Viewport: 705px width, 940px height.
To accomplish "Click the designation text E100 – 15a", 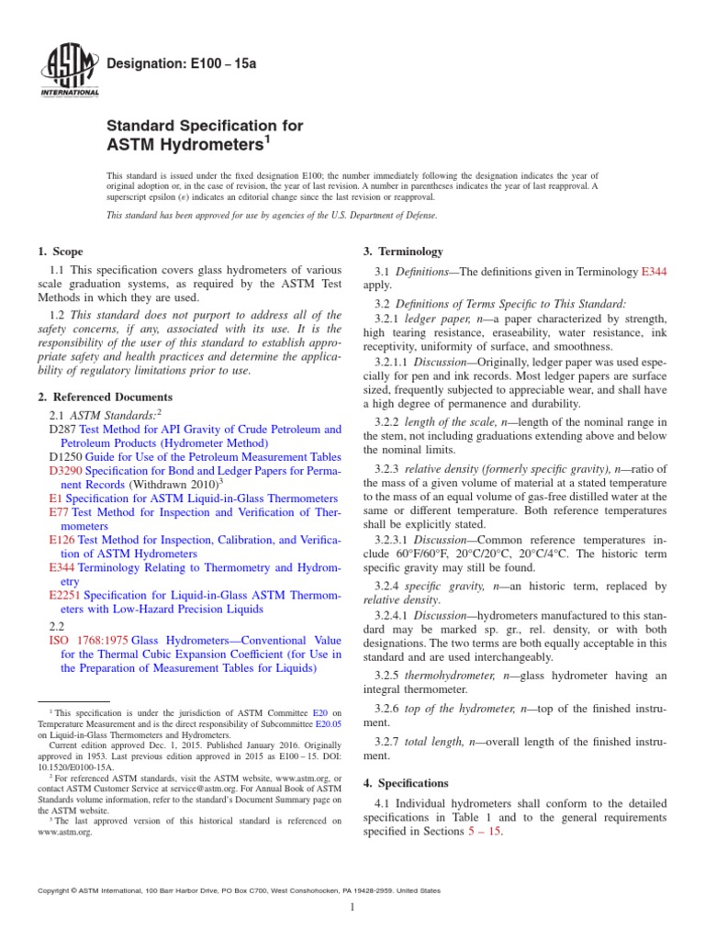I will click(169, 62).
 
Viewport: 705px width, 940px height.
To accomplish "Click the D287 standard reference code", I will click(62, 430).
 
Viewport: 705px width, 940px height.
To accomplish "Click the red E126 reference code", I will click(61, 541).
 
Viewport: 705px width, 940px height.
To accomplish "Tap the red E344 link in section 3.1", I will click(654, 272).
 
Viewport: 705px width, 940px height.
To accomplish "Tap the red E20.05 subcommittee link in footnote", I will click(329, 722).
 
